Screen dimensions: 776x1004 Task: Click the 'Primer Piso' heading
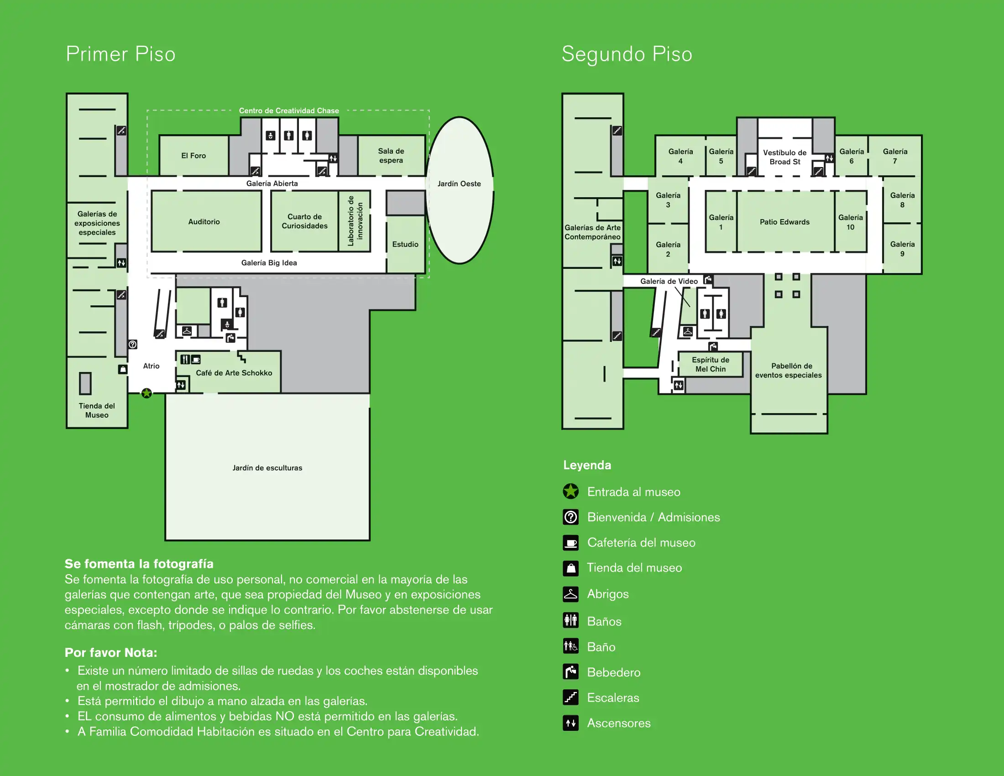click(x=120, y=54)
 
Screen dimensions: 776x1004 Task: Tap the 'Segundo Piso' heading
click(x=627, y=54)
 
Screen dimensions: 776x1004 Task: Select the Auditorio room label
click(x=204, y=221)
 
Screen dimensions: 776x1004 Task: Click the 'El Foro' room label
click(x=193, y=156)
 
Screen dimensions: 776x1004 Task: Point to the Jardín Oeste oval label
click(x=459, y=184)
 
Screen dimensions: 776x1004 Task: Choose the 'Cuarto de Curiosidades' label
click(x=304, y=221)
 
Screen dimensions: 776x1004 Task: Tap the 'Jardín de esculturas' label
click(x=267, y=468)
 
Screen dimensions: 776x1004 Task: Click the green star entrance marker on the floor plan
click(x=146, y=393)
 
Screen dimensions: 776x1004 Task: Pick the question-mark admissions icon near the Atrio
click(x=133, y=344)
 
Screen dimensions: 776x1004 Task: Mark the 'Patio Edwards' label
click(x=784, y=222)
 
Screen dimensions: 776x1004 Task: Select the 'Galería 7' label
click(x=895, y=156)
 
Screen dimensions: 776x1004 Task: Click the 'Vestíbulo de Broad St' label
click(x=785, y=157)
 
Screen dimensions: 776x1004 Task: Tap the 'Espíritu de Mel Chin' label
click(x=710, y=365)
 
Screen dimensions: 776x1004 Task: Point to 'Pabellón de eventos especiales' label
click(x=789, y=371)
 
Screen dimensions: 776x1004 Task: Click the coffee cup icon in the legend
click(x=570, y=543)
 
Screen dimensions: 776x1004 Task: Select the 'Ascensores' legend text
click(x=619, y=723)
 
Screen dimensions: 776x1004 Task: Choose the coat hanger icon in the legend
click(x=570, y=594)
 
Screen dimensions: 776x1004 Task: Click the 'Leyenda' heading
click(x=587, y=465)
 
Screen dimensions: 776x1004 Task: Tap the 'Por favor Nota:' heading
click(x=111, y=653)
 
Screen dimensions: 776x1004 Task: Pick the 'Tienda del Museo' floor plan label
click(x=97, y=410)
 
